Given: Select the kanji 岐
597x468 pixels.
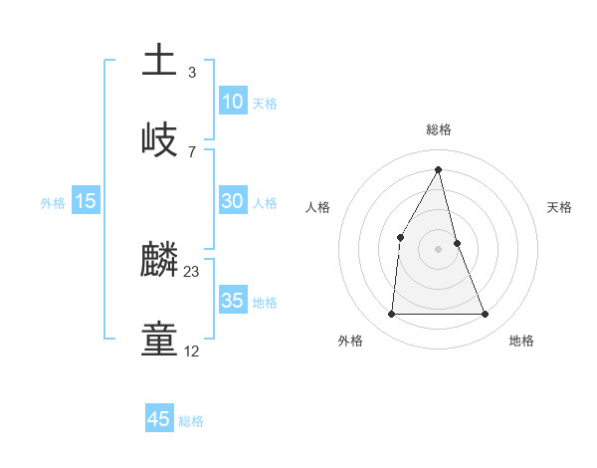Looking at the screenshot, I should point(160,138).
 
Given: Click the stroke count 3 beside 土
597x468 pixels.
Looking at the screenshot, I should point(192,73).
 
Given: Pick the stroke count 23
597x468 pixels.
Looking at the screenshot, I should point(192,272).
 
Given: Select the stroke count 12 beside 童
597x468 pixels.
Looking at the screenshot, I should point(192,351).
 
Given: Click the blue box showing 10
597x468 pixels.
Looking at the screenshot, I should point(232,102).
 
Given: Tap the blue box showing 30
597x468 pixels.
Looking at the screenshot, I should point(232,201).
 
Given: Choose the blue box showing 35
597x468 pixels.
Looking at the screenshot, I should point(232,301).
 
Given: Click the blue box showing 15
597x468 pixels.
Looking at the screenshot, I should point(85,201).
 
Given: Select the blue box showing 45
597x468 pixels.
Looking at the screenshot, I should point(159,419).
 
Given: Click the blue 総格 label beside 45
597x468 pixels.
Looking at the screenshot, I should point(191,421).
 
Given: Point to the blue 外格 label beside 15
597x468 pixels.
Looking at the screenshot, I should point(53,203).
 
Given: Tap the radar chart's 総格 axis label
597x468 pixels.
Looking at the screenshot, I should point(439,129).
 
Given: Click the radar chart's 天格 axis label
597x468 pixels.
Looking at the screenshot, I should point(559,207).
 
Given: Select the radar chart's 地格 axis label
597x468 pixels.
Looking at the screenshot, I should point(521,341).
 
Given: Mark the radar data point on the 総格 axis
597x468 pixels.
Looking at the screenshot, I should point(439,169).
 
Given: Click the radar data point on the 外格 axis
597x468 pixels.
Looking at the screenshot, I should point(391,315).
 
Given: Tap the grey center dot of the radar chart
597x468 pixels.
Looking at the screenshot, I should point(439,249).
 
